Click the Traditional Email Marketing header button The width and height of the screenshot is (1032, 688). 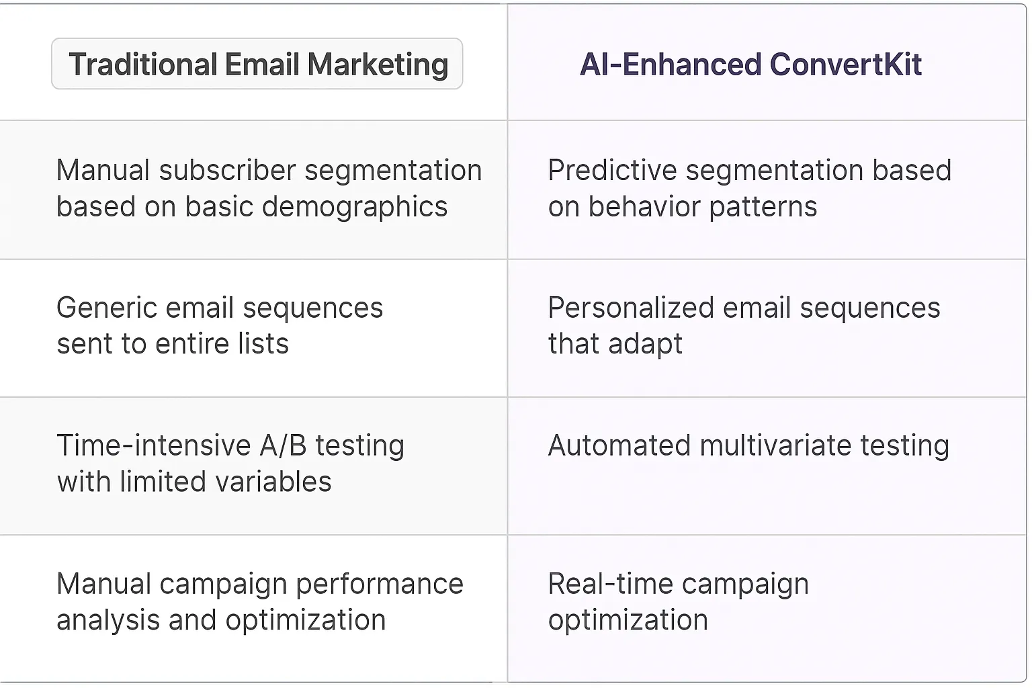pyautogui.click(x=257, y=64)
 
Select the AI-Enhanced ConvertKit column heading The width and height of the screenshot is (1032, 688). pyautogui.click(x=750, y=64)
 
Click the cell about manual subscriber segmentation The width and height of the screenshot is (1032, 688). pyautogui.click(x=269, y=189)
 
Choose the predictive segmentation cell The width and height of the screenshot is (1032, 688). pyautogui.click(x=749, y=189)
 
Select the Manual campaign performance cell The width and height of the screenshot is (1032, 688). pyautogui.click(x=259, y=602)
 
